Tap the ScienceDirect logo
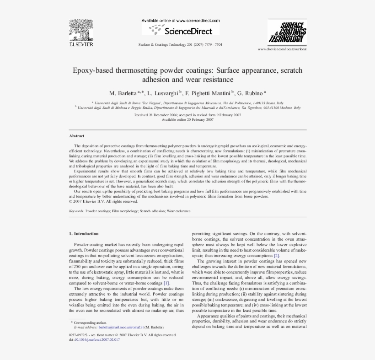tap(180, 31)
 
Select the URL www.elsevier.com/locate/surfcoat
tap(282, 48)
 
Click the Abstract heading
tap(77, 136)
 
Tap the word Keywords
tap(76, 211)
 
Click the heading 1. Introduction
tap(83, 233)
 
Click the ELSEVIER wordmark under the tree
tap(81, 44)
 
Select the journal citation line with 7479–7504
tap(180, 45)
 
